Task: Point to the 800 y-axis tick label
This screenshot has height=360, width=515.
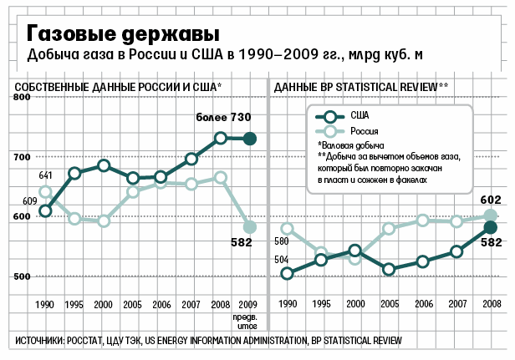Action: (x=22, y=98)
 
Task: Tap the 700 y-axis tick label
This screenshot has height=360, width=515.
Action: (x=22, y=157)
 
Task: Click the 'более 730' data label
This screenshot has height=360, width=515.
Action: (x=224, y=118)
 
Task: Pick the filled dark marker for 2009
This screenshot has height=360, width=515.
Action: (x=248, y=139)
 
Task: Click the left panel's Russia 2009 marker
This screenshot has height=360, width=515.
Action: (x=248, y=226)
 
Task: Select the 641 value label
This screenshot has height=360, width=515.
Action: (x=45, y=175)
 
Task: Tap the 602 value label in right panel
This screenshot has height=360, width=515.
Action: (x=490, y=199)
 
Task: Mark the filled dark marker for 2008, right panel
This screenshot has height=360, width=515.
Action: (x=492, y=227)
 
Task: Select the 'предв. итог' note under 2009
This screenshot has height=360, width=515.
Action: (x=248, y=322)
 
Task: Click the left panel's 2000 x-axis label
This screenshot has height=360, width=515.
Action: (x=104, y=306)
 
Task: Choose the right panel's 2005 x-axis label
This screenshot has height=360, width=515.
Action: (x=388, y=306)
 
